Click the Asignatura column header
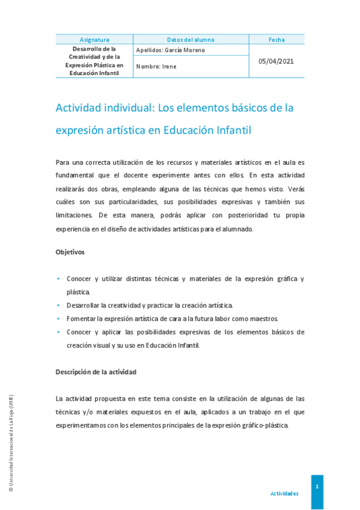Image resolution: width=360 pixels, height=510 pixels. (x=94, y=40)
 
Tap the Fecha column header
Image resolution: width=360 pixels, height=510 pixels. (x=276, y=40)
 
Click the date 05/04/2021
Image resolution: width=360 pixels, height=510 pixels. (x=276, y=61)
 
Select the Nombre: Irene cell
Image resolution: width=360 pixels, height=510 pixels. (x=157, y=66)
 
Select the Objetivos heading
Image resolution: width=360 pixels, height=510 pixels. (x=70, y=251)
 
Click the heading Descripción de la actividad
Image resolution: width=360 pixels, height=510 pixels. (x=96, y=372)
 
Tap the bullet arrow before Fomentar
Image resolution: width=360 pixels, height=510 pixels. (x=58, y=319)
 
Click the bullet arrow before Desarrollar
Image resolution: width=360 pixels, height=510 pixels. (x=58, y=306)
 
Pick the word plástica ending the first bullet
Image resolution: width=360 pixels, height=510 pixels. (x=78, y=292)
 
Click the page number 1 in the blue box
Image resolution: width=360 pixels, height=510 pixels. (x=316, y=486)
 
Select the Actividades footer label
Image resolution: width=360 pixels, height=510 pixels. (x=284, y=493)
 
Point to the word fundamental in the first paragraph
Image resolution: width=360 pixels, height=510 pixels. (x=76, y=175)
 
